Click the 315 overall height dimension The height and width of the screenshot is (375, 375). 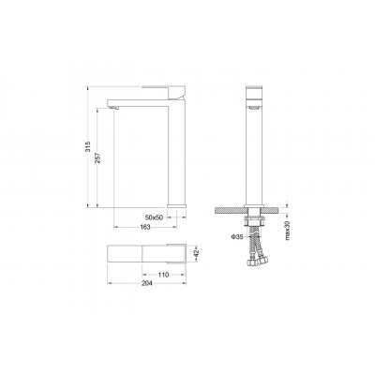pos(88,146)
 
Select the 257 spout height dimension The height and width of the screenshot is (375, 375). pos(97,158)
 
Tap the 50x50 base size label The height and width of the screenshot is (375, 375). pos(155,217)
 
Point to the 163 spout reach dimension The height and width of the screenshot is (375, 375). pos(145,227)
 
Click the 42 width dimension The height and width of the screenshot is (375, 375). pos(196,253)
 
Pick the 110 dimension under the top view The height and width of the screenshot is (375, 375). pos(163,275)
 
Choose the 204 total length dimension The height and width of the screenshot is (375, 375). pos(147,283)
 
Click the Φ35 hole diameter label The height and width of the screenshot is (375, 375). pos(237,237)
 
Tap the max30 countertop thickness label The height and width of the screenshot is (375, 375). pos(288,231)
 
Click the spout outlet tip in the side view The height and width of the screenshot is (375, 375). pos(115,108)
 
